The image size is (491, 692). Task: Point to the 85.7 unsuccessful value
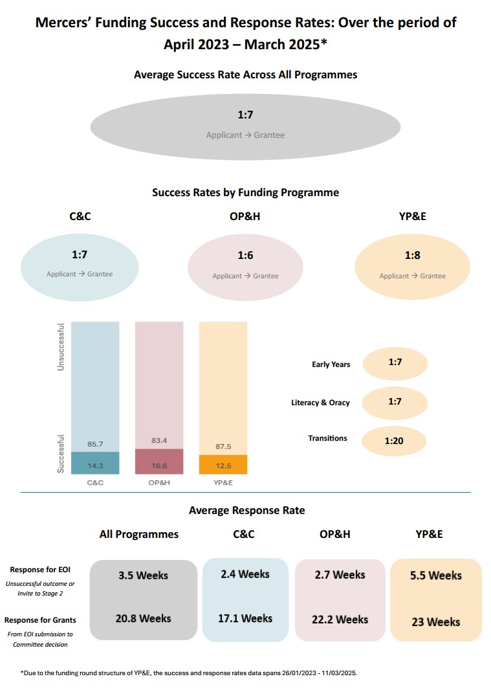[95, 444]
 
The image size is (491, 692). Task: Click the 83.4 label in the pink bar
[159, 441]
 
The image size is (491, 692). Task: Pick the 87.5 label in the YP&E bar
[223, 447]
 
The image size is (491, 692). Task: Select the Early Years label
[331, 364]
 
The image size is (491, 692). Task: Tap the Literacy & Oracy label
[320, 403]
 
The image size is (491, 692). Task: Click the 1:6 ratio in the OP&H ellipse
[245, 256]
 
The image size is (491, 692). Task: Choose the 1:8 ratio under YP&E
[412, 256]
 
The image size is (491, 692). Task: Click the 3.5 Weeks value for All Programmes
[143, 575]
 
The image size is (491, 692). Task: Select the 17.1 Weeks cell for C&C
[245, 618]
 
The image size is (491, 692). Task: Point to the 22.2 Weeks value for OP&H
[340, 619]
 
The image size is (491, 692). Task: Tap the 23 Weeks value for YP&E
[436, 622]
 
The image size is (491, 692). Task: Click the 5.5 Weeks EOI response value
[436, 575]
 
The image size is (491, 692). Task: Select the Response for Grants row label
[40, 620]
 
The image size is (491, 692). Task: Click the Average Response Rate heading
[246, 511]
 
